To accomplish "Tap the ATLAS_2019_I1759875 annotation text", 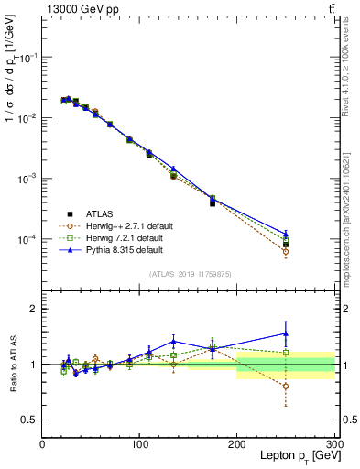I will pyautogui.click(x=189, y=274).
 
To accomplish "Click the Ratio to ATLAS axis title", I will pyautogui.click(x=13, y=364).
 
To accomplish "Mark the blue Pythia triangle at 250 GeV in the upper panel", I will pyautogui.click(x=286, y=234).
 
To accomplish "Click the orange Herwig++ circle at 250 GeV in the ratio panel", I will pyautogui.click(x=286, y=387).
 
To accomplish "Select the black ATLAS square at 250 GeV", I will pyautogui.click(x=286, y=245).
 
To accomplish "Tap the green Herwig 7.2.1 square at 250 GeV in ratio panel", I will pyautogui.click(x=286, y=353).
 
